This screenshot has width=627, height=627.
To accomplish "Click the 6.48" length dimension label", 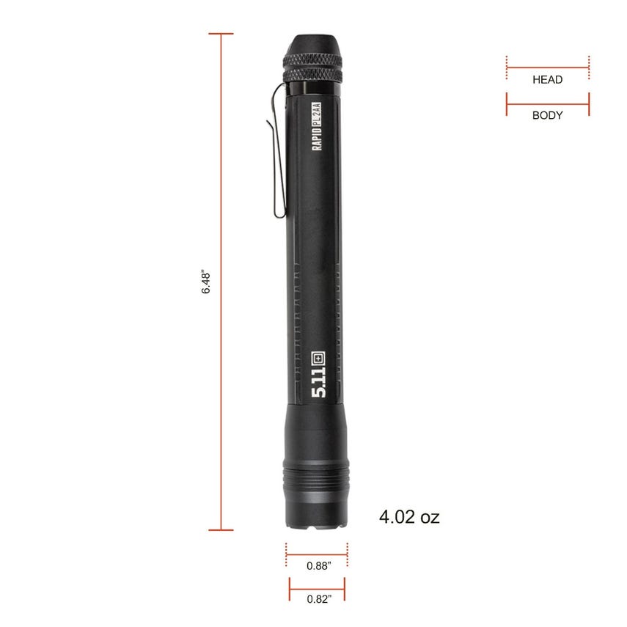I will pyautogui.click(x=207, y=282).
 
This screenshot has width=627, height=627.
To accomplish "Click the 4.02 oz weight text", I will pyautogui.click(x=409, y=517).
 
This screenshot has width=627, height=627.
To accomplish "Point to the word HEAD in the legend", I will pyautogui.click(x=547, y=80).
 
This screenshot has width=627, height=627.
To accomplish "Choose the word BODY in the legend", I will pyautogui.click(x=547, y=115).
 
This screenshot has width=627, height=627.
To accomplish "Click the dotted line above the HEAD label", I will pyautogui.click(x=547, y=67).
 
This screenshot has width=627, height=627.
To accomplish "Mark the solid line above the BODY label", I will pyautogui.click(x=547, y=103).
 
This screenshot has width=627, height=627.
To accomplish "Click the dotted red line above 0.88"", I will pyautogui.click(x=317, y=555).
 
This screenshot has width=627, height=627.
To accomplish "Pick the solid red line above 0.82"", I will pyautogui.click(x=317, y=588).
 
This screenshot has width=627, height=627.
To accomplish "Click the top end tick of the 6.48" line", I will pyautogui.click(x=221, y=34).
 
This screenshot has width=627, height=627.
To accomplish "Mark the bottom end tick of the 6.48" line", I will pyautogui.click(x=221, y=529).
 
